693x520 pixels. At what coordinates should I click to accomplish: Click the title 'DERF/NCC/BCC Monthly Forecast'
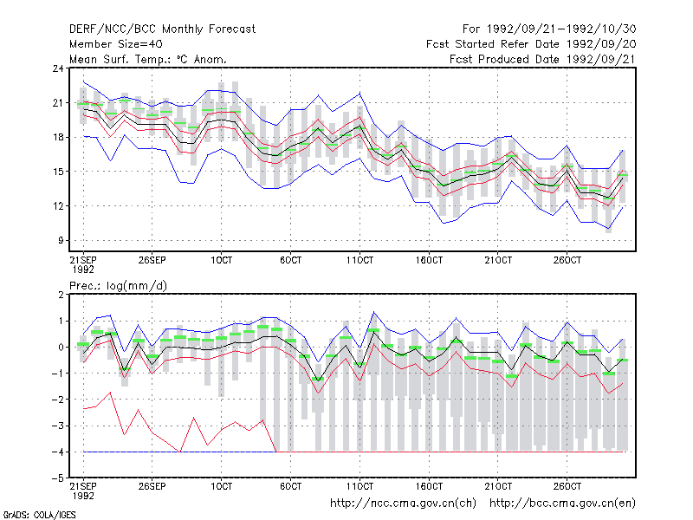pos(162,29)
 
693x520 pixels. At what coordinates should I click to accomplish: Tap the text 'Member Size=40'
pos(116,44)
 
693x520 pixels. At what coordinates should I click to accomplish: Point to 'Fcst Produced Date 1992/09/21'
pos(542,59)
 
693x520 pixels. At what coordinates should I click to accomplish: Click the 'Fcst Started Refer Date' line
pos(531,44)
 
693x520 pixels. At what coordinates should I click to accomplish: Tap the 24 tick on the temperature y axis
pos(58,68)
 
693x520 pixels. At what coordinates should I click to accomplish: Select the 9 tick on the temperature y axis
pos(61,241)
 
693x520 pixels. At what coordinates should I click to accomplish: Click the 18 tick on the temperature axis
pos(58,137)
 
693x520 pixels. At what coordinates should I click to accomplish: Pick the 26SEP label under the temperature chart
pos(152,260)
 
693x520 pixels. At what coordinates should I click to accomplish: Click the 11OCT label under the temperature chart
pos(359,260)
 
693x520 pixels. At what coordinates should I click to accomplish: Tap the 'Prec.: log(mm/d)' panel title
pos(118,286)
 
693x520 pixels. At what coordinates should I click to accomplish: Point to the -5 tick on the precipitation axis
pos(58,478)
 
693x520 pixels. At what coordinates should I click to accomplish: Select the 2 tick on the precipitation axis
pos(61,295)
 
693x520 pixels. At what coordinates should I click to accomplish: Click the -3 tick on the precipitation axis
pos(58,426)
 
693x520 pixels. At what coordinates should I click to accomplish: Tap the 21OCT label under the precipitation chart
pos(498,486)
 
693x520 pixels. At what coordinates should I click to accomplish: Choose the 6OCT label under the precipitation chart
pos(291,486)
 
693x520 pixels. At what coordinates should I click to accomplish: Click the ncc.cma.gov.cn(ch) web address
pos(403,504)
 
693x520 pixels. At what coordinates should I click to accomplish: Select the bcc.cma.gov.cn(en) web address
pos(562,504)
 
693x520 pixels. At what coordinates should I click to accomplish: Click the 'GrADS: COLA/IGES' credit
pos(39,515)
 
